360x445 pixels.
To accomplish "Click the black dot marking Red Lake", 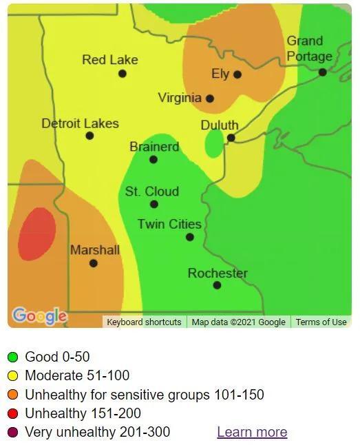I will tap(123, 74).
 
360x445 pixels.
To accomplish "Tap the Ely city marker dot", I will tap(237, 74).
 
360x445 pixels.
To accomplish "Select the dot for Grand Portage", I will tap(322, 72).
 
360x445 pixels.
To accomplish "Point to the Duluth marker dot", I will tap(231, 138).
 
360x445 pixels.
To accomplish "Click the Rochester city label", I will tap(218, 273).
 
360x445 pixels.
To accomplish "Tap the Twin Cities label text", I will tap(169, 224).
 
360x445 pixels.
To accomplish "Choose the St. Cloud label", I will tap(152, 192).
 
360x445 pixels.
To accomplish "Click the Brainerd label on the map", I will tap(154, 147).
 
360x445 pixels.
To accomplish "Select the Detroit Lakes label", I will tap(80, 123).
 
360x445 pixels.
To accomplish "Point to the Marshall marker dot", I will tap(94, 263).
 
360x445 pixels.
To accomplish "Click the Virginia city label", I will tap(180, 98).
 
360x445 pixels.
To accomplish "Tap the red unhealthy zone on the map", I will tap(36, 234).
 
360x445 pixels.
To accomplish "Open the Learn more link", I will tap(252, 432).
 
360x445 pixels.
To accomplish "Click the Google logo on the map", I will tap(40, 316).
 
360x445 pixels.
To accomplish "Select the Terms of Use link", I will tap(321, 322).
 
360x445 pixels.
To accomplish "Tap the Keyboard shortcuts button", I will tap(144, 322).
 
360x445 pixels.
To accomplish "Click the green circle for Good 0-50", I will tap(12, 357).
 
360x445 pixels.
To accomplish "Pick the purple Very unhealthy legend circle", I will tap(12, 433).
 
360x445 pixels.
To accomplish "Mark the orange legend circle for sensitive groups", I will tap(12, 395).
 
